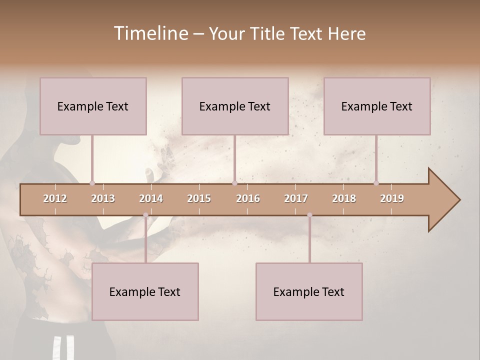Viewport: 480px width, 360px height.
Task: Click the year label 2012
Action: tap(55, 198)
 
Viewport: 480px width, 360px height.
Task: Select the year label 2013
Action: tap(103, 198)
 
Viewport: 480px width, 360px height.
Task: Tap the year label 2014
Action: tap(151, 198)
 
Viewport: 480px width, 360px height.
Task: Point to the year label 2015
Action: tap(199, 198)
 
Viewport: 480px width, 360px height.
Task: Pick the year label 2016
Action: tap(248, 198)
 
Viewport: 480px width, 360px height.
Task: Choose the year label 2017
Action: tap(296, 198)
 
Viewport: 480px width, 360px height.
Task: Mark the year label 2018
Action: tap(344, 198)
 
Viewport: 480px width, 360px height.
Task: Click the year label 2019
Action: tap(392, 198)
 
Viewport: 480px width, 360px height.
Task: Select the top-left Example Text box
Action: tap(93, 106)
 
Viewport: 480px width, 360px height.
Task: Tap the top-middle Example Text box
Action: tap(235, 106)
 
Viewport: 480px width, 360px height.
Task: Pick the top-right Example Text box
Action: tap(377, 106)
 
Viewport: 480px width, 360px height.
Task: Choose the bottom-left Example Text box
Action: tap(145, 291)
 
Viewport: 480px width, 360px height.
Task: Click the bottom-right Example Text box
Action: tap(309, 291)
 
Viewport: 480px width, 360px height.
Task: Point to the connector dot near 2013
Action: tap(92, 183)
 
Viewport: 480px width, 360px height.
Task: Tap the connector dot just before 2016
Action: tap(234, 183)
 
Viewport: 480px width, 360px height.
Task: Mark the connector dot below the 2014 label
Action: tap(145, 215)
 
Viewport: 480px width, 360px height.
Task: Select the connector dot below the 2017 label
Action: tap(309, 215)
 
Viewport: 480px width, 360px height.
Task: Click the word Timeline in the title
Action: tap(150, 33)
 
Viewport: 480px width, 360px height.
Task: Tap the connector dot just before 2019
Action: tap(376, 183)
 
